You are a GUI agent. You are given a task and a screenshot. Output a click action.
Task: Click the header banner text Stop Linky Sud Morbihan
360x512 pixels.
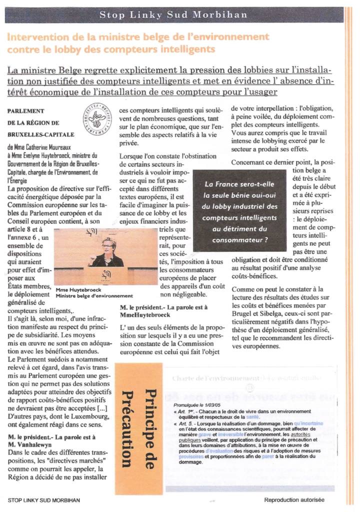(x=173, y=14)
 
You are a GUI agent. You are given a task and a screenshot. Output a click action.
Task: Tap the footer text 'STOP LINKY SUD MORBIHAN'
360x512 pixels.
(x=44, y=499)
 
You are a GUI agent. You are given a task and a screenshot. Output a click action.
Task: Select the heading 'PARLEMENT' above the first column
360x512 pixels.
(x=26, y=111)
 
